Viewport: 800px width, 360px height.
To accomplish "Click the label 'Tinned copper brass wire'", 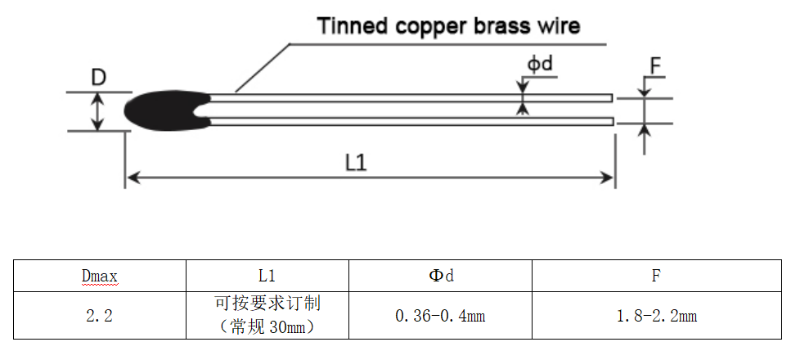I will (449, 26).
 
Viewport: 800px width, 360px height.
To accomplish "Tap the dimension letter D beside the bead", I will (99, 78).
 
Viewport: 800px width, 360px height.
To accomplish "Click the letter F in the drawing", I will (655, 65).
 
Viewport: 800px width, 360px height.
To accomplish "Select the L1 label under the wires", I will (356, 163).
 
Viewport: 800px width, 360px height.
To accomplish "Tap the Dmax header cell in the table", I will (100, 276).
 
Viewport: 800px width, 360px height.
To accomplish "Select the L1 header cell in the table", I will (267, 276).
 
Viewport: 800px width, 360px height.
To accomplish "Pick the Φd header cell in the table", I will (441, 276).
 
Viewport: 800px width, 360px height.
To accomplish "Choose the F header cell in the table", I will (656, 276).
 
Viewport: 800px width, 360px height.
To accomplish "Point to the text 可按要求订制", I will (267, 304).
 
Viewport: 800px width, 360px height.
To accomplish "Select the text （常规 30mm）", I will (267, 326).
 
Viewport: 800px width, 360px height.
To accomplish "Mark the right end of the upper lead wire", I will (610, 97).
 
